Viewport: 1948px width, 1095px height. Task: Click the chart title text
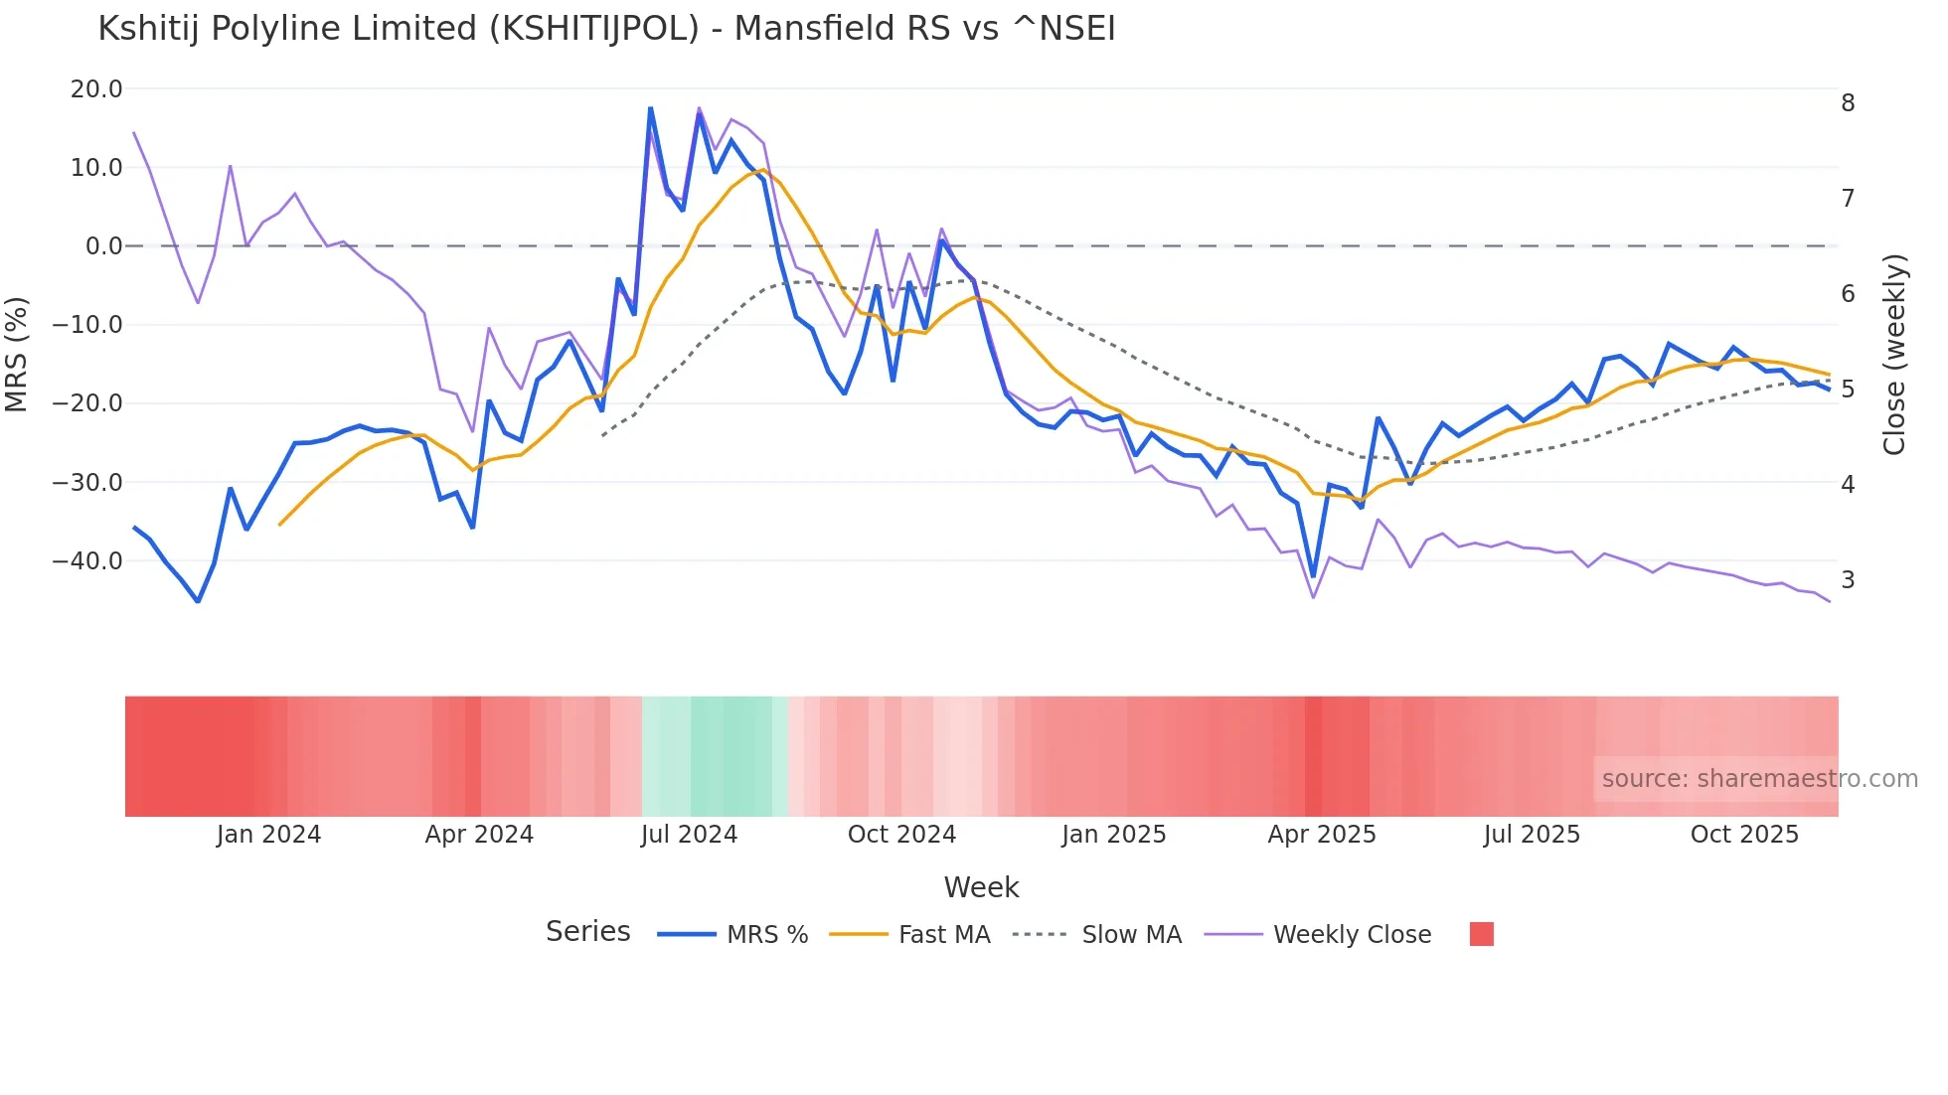pyautogui.click(x=606, y=29)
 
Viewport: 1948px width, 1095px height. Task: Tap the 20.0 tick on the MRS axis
pyautogui.click(x=96, y=89)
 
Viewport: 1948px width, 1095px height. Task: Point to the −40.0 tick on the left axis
pyautogui.click(x=87, y=561)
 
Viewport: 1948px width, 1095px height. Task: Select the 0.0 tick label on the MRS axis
pyautogui.click(x=104, y=246)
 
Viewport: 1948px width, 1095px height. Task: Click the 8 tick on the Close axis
pyautogui.click(x=1848, y=103)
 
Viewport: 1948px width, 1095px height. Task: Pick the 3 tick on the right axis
pyautogui.click(x=1848, y=580)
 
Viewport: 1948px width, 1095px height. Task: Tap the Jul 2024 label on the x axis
pyautogui.click(x=689, y=835)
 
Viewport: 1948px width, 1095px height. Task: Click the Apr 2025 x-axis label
pyautogui.click(x=1321, y=835)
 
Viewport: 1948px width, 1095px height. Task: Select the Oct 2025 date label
pyautogui.click(x=1744, y=835)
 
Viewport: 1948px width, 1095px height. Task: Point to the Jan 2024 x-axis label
pyautogui.click(x=268, y=835)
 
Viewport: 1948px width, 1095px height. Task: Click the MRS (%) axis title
pyautogui.click(x=17, y=355)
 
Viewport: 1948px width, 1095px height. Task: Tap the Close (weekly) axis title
pyautogui.click(x=1895, y=355)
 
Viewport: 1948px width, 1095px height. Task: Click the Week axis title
pyautogui.click(x=981, y=887)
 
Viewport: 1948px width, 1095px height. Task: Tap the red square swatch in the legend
pyautogui.click(x=1481, y=935)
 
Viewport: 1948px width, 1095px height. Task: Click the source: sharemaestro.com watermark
pyautogui.click(x=1759, y=779)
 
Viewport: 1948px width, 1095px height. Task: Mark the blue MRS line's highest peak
pyautogui.click(x=650, y=108)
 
